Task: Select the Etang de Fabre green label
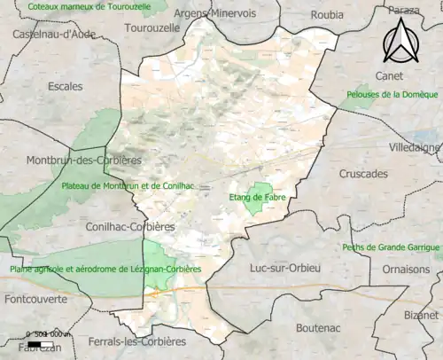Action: point(257,197)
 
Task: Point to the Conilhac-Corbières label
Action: point(128,226)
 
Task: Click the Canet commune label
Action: point(389,75)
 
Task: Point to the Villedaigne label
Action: point(415,147)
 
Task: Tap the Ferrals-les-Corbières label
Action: point(137,340)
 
